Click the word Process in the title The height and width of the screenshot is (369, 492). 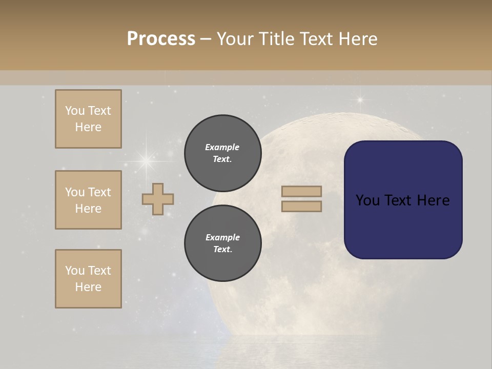pos(161,39)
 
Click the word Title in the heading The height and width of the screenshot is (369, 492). pos(277,39)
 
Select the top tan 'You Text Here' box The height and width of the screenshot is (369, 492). pos(88,119)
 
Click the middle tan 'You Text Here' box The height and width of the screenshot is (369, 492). pos(88,200)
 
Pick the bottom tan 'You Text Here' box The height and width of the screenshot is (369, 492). pos(88,279)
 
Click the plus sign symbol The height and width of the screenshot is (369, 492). pos(158,199)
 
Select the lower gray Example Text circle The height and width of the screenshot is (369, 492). pos(222,243)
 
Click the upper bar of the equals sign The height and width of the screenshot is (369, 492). pos(302,192)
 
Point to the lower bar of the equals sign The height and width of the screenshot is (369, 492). pos(302,207)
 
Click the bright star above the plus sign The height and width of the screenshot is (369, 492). pos(147,161)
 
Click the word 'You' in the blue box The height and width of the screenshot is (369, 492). pos(367,200)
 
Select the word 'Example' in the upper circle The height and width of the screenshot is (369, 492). pos(222,147)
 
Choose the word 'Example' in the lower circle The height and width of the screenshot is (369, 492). pos(222,237)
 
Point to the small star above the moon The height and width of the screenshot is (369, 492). pos(360,99)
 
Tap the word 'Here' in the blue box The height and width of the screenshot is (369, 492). pos(434,200)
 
